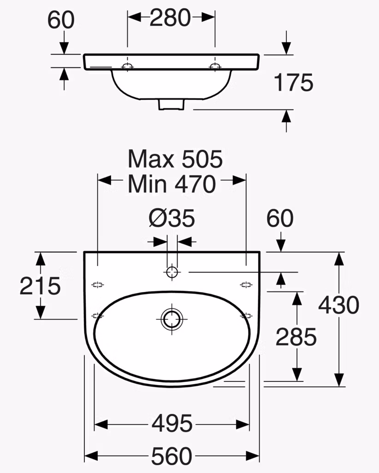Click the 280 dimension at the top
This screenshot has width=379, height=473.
(x=170, y=18)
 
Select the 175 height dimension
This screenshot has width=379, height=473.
(x=294, y=82)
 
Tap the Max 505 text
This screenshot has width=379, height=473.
(x=175, y=159)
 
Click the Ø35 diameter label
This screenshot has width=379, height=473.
(x=172, y=218)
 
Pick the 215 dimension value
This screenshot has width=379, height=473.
(x=40, y=285)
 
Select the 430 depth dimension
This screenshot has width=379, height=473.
(x=339, y=305)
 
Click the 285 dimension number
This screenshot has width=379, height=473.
(x=296, y=337)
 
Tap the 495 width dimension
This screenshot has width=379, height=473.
(x=172, y=423)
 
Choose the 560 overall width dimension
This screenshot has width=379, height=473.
(x=172, y=456)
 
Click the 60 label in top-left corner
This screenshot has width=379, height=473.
(x=61, y=20)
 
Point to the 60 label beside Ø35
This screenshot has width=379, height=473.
(x=280, y=218)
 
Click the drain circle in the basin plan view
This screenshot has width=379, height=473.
(x=172, y=319)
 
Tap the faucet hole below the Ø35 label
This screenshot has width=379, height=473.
(x=172, y=272)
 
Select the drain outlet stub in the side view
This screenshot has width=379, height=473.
(x=171, y=104)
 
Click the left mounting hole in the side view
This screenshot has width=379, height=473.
(x=127, y=66)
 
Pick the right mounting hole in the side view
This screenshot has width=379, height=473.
(x=215, y=66)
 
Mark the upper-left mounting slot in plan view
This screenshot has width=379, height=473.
(x=98, y=285)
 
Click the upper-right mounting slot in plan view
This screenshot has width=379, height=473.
(x=246, y=285)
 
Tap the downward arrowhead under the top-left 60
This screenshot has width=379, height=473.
(x=64, y=48)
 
